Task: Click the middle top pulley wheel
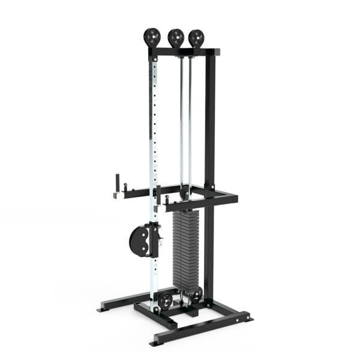click(x=175, y=38)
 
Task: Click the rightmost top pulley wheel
click(x=195, y=38)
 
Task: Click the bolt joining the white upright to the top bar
click(x=154, y=55)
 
